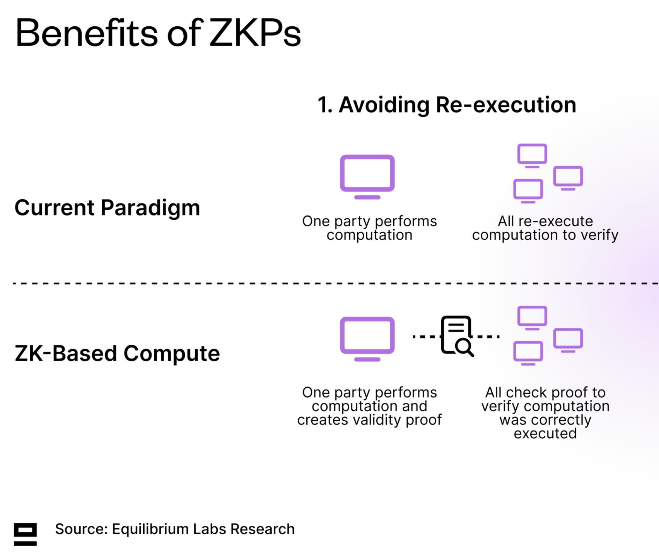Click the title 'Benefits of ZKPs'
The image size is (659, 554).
[x=158, y=33]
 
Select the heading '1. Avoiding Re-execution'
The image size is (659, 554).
[x=447, y=105]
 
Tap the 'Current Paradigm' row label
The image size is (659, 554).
[x=107, y=208]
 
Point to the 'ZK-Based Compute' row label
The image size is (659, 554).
[x=117, y=354]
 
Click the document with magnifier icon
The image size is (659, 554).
[x=457, y=335]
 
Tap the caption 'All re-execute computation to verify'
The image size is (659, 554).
[x=545, y=228]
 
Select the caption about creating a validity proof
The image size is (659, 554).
[x=369, y=406]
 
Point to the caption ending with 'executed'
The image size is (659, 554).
[x=545, y=413]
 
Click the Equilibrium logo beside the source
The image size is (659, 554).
[x=25, y=534]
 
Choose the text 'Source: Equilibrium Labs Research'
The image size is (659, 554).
[x=175, y=529]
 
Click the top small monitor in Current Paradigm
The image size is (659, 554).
[x=532, y=155]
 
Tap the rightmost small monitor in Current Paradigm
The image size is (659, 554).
[x=568, y=178]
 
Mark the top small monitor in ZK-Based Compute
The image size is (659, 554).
[x=532, y=317]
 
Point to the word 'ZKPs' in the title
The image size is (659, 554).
[x=255, y=33]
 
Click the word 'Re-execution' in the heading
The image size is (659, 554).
[x=506, y=105]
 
